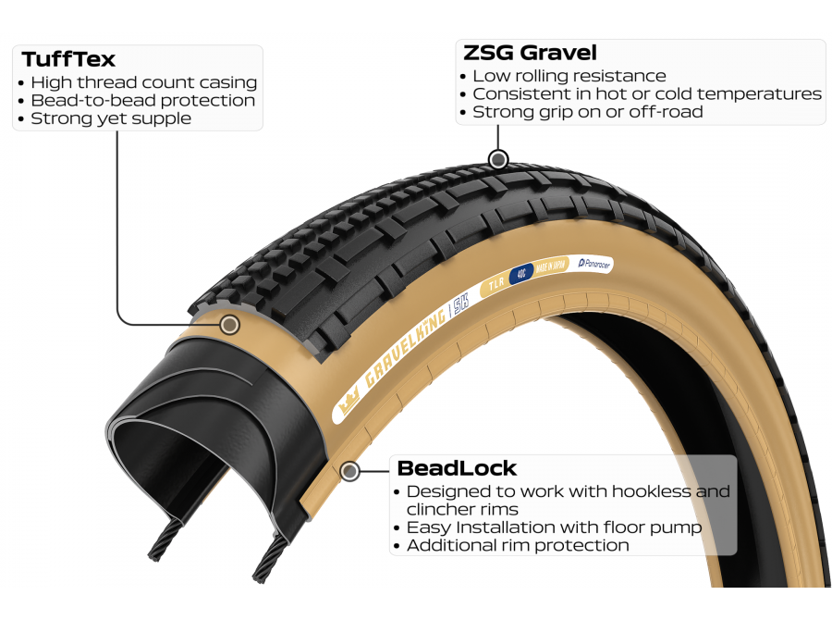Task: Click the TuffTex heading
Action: click(x=68, y=59)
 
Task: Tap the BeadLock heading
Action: click(x=457, y=468)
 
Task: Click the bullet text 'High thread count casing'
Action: click(x=143, y=82)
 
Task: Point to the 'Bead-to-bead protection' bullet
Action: click(x=142, y=100)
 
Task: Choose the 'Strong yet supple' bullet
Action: click(x=111, y=118)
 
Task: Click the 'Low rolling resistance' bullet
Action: click(x=569, y=76)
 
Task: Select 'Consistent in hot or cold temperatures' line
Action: click(x=646, y=93)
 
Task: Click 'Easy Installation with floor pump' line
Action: click(x=554, y=527)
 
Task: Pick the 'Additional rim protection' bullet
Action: click(x=517, y=545)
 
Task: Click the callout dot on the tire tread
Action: click(x=499, y=159)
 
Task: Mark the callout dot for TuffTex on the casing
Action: click(x=230, y=324)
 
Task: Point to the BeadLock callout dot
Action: click(x=349, y=472)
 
